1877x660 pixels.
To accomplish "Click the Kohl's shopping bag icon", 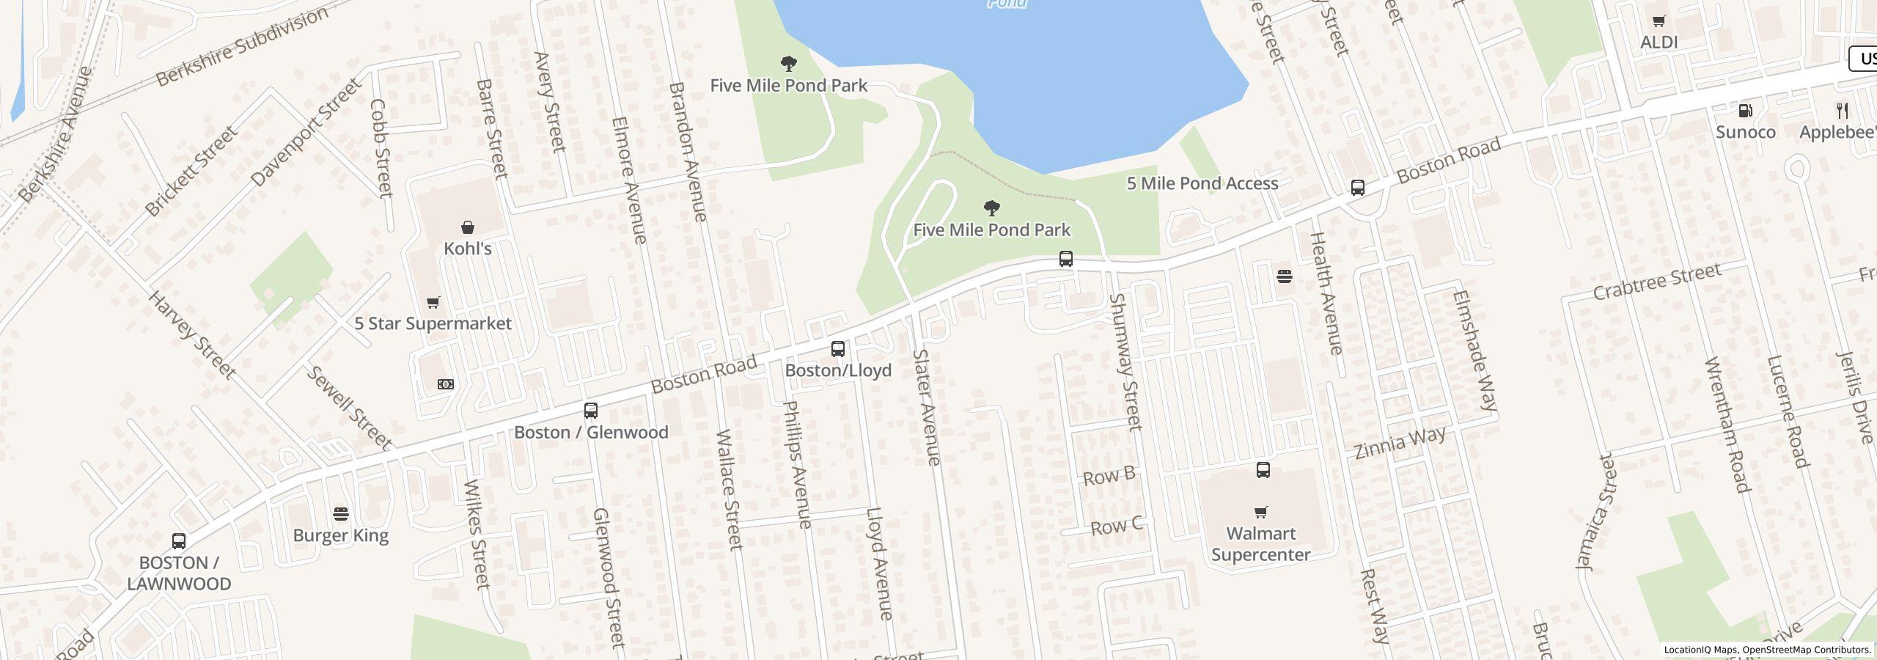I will [468, 227].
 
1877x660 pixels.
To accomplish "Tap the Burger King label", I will [341, 535].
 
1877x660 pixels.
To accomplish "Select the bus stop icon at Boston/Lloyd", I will [838, 349].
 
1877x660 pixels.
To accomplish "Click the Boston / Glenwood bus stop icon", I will [591, 411].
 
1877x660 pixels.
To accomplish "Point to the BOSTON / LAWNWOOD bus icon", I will [179, 541].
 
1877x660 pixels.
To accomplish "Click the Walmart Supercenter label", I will [1260, 544].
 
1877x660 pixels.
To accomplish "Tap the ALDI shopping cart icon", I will [1659, 21].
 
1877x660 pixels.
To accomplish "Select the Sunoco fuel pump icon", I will [1746, 111].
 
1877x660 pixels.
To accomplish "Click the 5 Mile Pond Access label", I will [1202, 183].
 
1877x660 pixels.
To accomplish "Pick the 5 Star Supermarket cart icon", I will [433, 302].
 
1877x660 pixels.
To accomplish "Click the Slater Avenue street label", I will [926, 407].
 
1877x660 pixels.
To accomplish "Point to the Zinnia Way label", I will [1400, 442].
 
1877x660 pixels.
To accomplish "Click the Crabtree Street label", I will [1657, 282].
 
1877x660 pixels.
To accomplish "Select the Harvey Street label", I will [192, 335].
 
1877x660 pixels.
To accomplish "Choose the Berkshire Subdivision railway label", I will [243, 48].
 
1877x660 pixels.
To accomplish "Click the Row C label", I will [1116, 527].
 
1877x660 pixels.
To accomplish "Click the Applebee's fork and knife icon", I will [1843, 111].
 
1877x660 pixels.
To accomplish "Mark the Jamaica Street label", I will [1595, 512].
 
